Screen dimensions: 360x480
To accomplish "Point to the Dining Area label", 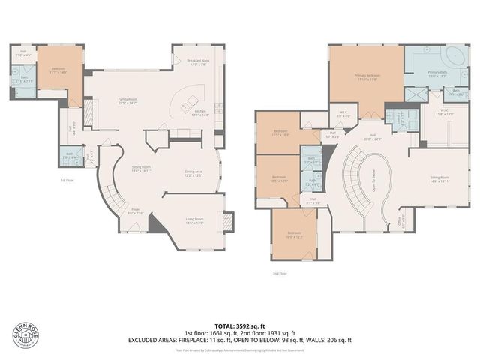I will [x=194, y=173].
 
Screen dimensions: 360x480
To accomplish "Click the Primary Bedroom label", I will [x=365, y=76].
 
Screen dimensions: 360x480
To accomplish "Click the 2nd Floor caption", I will [x=280, y=274].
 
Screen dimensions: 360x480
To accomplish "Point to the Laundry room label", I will [x=391, y=115].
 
